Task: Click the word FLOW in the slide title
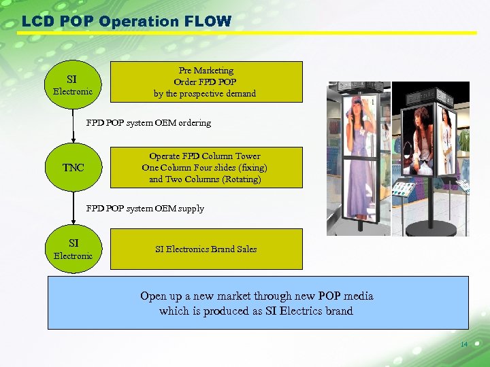[x=207, y=21]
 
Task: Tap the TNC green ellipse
[x=73, y=167]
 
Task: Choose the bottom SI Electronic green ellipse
[x=73, y=249]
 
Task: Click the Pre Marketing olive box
[x=206, y=82]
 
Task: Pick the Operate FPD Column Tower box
[x=206, y=168]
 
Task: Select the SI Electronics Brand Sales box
[x=206, y=249]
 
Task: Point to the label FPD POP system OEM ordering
[x=148, y=123]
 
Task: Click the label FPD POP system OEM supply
[x=145, y=209]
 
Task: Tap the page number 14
[x=464, y=345]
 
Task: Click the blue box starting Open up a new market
[x=257, y=303]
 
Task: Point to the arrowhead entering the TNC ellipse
[x=73, y=140]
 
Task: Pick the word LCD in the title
[x=35, y=21]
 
